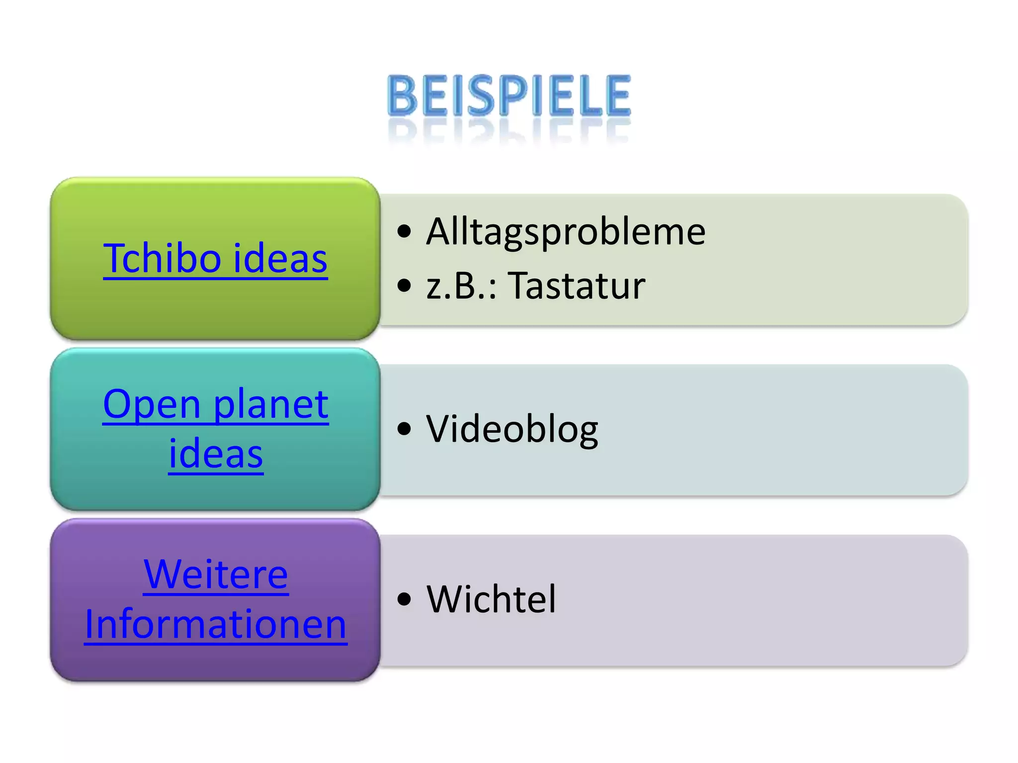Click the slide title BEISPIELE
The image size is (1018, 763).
(x=509, y=95)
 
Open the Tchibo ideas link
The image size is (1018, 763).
(x=215, y=258)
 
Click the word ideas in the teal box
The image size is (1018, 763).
(x=216, y=454)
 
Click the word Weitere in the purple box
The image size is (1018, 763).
(x=216, y=574)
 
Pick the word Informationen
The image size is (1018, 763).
(x=216, y=624)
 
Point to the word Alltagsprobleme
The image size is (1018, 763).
(x=566, y=231)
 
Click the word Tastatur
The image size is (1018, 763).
(x=578, y=286)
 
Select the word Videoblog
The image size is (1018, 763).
(x=512, y=429)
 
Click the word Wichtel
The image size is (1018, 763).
(x=491, y=599)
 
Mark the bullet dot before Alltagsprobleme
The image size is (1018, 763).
(x=405, y=231)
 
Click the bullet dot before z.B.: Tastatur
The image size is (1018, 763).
(x=405, y=286)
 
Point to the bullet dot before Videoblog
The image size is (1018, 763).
(x=405, y=429)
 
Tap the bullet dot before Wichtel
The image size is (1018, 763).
(x=405, y=599)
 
